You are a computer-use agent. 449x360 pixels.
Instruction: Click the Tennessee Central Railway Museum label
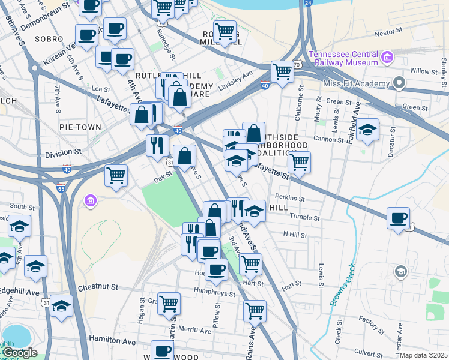pos(343,58)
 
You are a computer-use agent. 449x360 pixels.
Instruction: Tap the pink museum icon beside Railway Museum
pos(387,58)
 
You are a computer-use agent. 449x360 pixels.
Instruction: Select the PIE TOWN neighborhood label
pos(80,127)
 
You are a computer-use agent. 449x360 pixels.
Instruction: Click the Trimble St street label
pos(303,216)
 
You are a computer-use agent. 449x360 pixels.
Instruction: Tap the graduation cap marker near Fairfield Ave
pos(367,130)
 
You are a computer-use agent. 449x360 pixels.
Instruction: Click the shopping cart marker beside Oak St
pos(116,176)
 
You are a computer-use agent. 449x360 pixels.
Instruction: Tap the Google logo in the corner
pos(20,353)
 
